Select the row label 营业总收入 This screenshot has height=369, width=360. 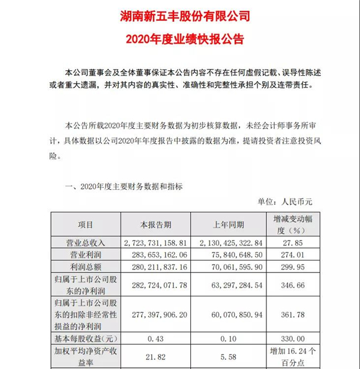point(86,244)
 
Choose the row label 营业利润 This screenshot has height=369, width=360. point(86,255)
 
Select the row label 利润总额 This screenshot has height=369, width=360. point(86,267)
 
